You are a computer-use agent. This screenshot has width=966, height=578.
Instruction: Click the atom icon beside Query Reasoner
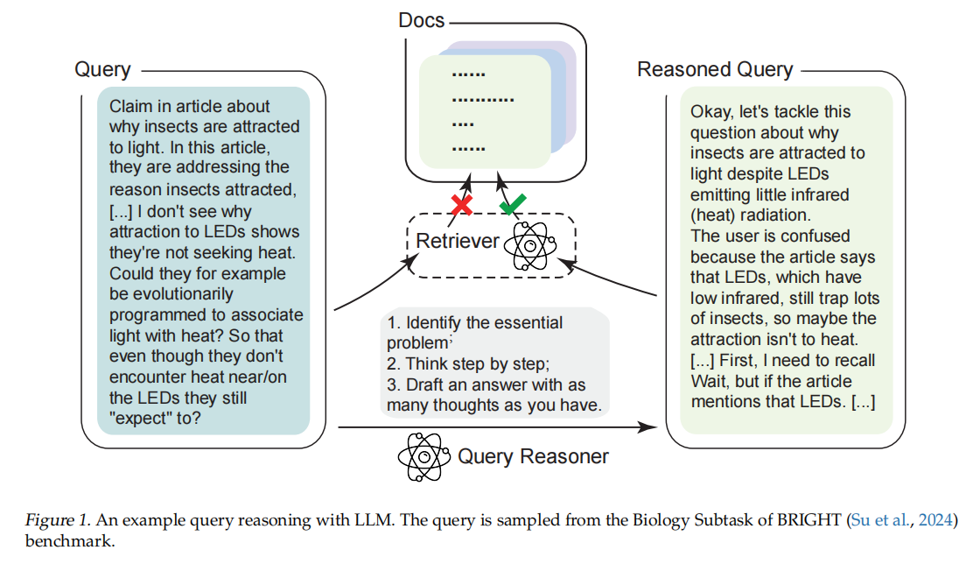(423, 456)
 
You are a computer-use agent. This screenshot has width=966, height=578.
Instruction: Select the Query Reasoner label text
(533, 456)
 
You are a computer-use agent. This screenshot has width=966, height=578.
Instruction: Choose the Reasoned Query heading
(715, 69)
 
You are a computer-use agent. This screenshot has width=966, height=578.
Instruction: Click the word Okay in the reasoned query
(710, 112)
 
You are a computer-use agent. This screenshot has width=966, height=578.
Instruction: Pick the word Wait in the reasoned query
(709, 382)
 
